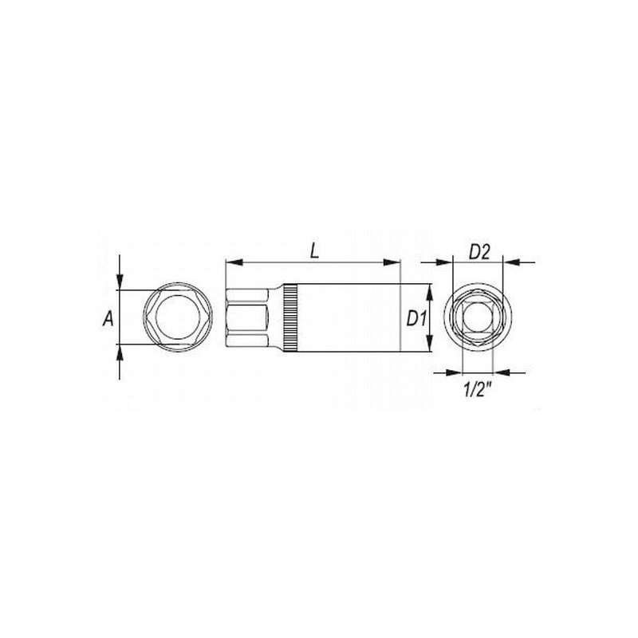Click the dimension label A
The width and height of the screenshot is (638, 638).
106,319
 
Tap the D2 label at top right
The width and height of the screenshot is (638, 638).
478,252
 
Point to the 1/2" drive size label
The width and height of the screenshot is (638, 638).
478,390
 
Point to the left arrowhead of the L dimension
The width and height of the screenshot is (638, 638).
230,261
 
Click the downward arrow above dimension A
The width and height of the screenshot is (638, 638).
120,282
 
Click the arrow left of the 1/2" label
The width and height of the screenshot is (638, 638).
455,371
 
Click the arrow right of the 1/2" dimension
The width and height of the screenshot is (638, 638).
500,371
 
